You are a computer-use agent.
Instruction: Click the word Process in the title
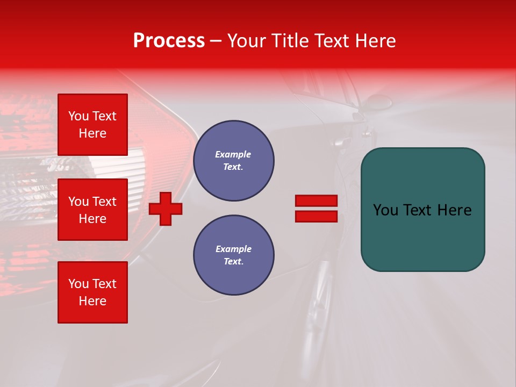169,41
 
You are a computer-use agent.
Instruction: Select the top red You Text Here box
92,125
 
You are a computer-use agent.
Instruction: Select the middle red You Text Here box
92,210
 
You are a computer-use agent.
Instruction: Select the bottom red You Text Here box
92,292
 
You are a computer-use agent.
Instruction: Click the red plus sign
166,209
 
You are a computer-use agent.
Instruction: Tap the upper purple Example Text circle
234,161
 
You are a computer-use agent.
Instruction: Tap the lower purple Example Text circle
234,255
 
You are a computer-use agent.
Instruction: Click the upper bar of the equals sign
316,201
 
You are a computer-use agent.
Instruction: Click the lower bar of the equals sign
316,216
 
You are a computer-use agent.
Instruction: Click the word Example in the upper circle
233,154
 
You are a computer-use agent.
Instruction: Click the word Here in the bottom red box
92,301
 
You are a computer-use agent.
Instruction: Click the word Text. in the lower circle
233,262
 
